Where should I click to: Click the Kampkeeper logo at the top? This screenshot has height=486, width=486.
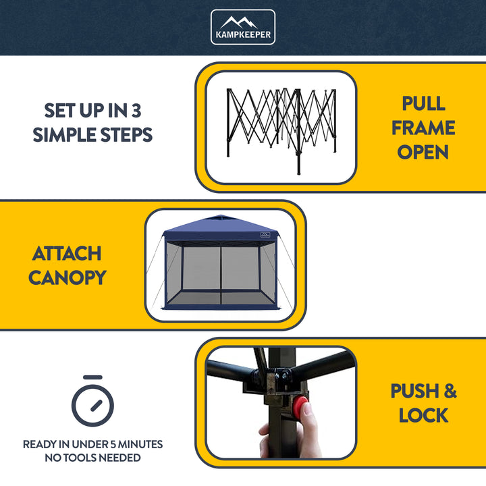tap(243, 27)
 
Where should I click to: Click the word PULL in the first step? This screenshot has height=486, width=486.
tap(423, 103)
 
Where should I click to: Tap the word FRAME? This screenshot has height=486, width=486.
tap(423, 128)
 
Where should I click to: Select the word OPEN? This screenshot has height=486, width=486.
tap(423, 152)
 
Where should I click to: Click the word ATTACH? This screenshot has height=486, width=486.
tap(67, 254)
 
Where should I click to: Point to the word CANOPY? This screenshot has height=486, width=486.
tap(67, 277)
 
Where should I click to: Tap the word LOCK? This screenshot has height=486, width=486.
tap(423, 416)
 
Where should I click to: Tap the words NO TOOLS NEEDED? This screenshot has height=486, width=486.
tap(92, 458)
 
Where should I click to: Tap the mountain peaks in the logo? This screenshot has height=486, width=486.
tap(243, 22)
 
